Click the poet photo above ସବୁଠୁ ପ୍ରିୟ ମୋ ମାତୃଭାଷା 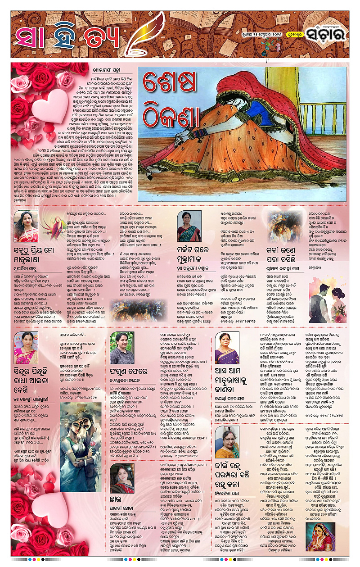coord(26,226)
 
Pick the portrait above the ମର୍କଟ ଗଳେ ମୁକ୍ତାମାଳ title coord(189,226)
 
